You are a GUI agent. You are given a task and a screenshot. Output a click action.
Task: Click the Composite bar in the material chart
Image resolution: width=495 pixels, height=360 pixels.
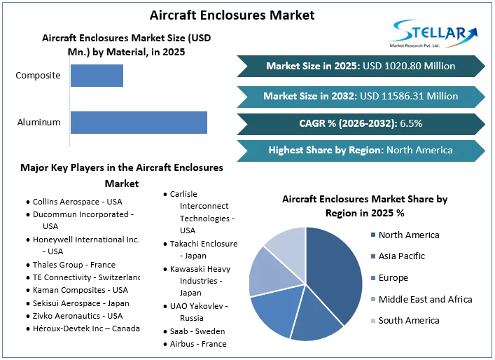(x=97, y=76)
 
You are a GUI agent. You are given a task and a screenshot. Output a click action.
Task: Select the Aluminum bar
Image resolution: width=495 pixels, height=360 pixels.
(x=139, y=123)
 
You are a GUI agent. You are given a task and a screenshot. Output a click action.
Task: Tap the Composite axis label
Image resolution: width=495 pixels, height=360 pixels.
(x=39, y=76)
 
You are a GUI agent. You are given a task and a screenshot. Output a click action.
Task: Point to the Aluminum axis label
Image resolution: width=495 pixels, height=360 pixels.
(x=39, y=123)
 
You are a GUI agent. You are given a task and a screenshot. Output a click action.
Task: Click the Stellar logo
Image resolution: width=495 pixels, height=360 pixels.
(x=433, y=34)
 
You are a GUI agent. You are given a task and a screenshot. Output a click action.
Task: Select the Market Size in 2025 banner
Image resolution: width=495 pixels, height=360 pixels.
(x=361, y=66)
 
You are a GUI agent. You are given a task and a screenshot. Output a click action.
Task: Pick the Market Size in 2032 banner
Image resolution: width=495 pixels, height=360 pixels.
(x=361, y=96)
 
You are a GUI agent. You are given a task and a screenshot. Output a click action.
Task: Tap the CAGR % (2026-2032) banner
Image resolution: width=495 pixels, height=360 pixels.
(x=361, y=123)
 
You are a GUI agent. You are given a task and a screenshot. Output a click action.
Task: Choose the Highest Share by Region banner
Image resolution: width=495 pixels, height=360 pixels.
(x=361, y=150)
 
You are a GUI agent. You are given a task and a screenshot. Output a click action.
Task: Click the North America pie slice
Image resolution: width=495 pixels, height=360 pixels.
(x=333, y=277)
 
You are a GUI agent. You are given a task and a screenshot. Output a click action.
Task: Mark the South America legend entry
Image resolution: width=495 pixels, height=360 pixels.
(x=409, y=321)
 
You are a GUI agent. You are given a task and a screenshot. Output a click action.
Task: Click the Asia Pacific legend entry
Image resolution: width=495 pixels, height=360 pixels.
(x=401, y=256)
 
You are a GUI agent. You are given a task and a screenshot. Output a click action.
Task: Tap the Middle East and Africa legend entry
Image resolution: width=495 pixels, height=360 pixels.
(x=425, y=300)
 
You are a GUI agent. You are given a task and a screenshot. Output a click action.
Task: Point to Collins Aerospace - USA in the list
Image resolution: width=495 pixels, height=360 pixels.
(x=77, y=202)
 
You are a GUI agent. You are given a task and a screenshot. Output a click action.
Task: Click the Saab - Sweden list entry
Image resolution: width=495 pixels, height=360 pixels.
(x=195, y=331)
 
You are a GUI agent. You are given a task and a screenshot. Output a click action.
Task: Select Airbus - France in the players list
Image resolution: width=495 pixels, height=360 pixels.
(x=198, y=344)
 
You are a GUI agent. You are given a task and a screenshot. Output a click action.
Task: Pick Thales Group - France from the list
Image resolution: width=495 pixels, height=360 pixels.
(x=74, y=265)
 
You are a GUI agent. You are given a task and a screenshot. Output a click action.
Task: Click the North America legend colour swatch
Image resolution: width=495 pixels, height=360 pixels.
(x=372, y=235)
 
